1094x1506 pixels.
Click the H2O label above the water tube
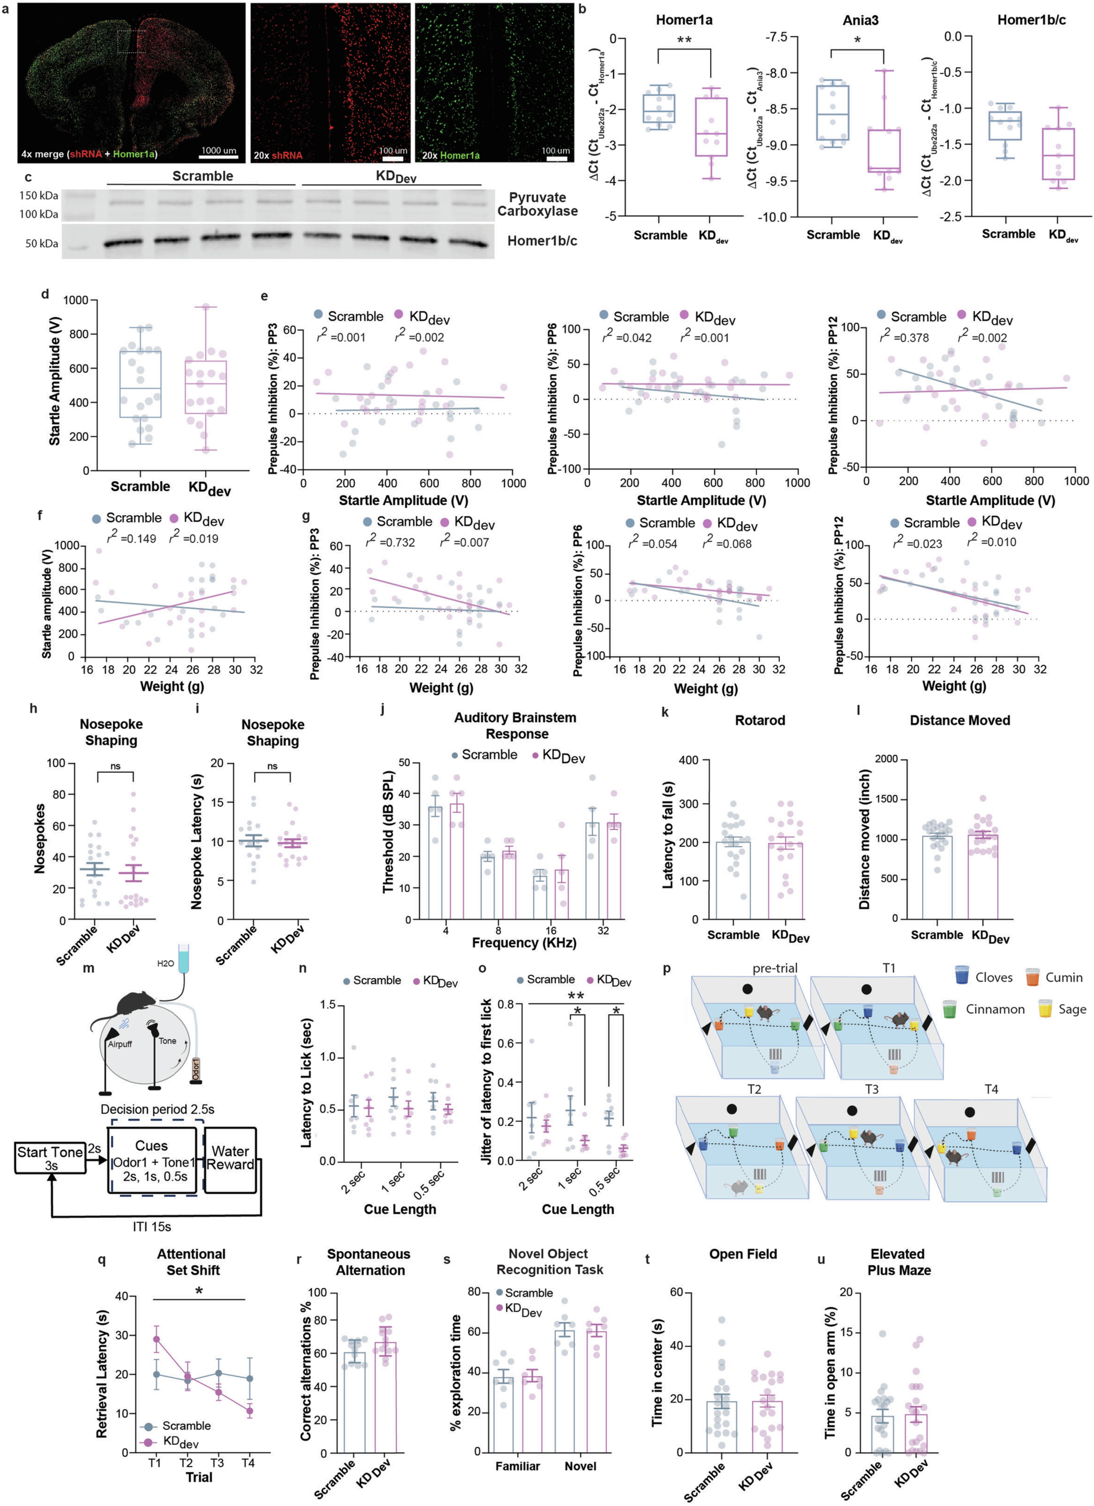[165, 963]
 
